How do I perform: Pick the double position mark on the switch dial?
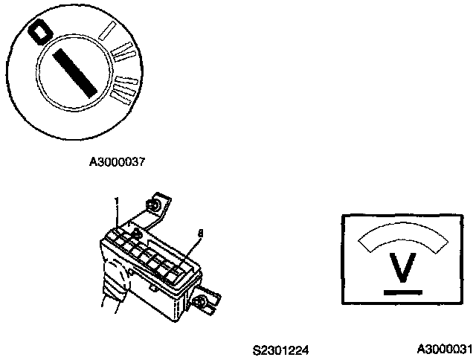123,53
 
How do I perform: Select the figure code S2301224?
280,348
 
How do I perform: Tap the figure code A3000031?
444,348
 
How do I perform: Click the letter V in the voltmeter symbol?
402,269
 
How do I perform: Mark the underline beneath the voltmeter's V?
402,292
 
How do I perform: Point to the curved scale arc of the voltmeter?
402,237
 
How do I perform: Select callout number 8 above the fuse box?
199,233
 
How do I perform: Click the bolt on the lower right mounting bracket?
202,302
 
